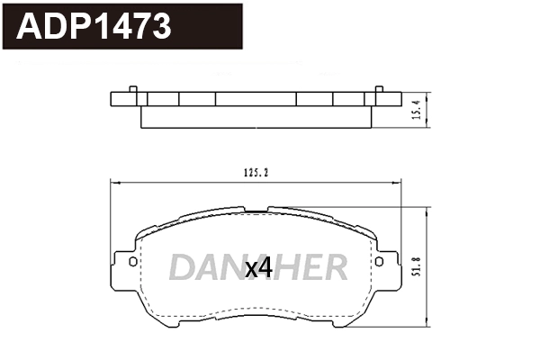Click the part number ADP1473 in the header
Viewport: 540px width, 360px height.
point(94,27)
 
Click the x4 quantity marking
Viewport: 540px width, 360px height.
point(258,266)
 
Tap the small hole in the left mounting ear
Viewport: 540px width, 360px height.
point(133,263)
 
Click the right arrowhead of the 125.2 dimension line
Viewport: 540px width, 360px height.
point(399,184)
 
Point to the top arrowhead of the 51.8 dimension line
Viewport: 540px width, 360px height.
point(425,210)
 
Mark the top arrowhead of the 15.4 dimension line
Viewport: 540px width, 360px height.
point(426,94)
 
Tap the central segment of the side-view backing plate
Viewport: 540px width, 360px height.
point(256,100)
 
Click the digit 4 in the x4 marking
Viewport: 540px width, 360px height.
point(265,266)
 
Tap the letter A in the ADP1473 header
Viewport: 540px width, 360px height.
point(30,27)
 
